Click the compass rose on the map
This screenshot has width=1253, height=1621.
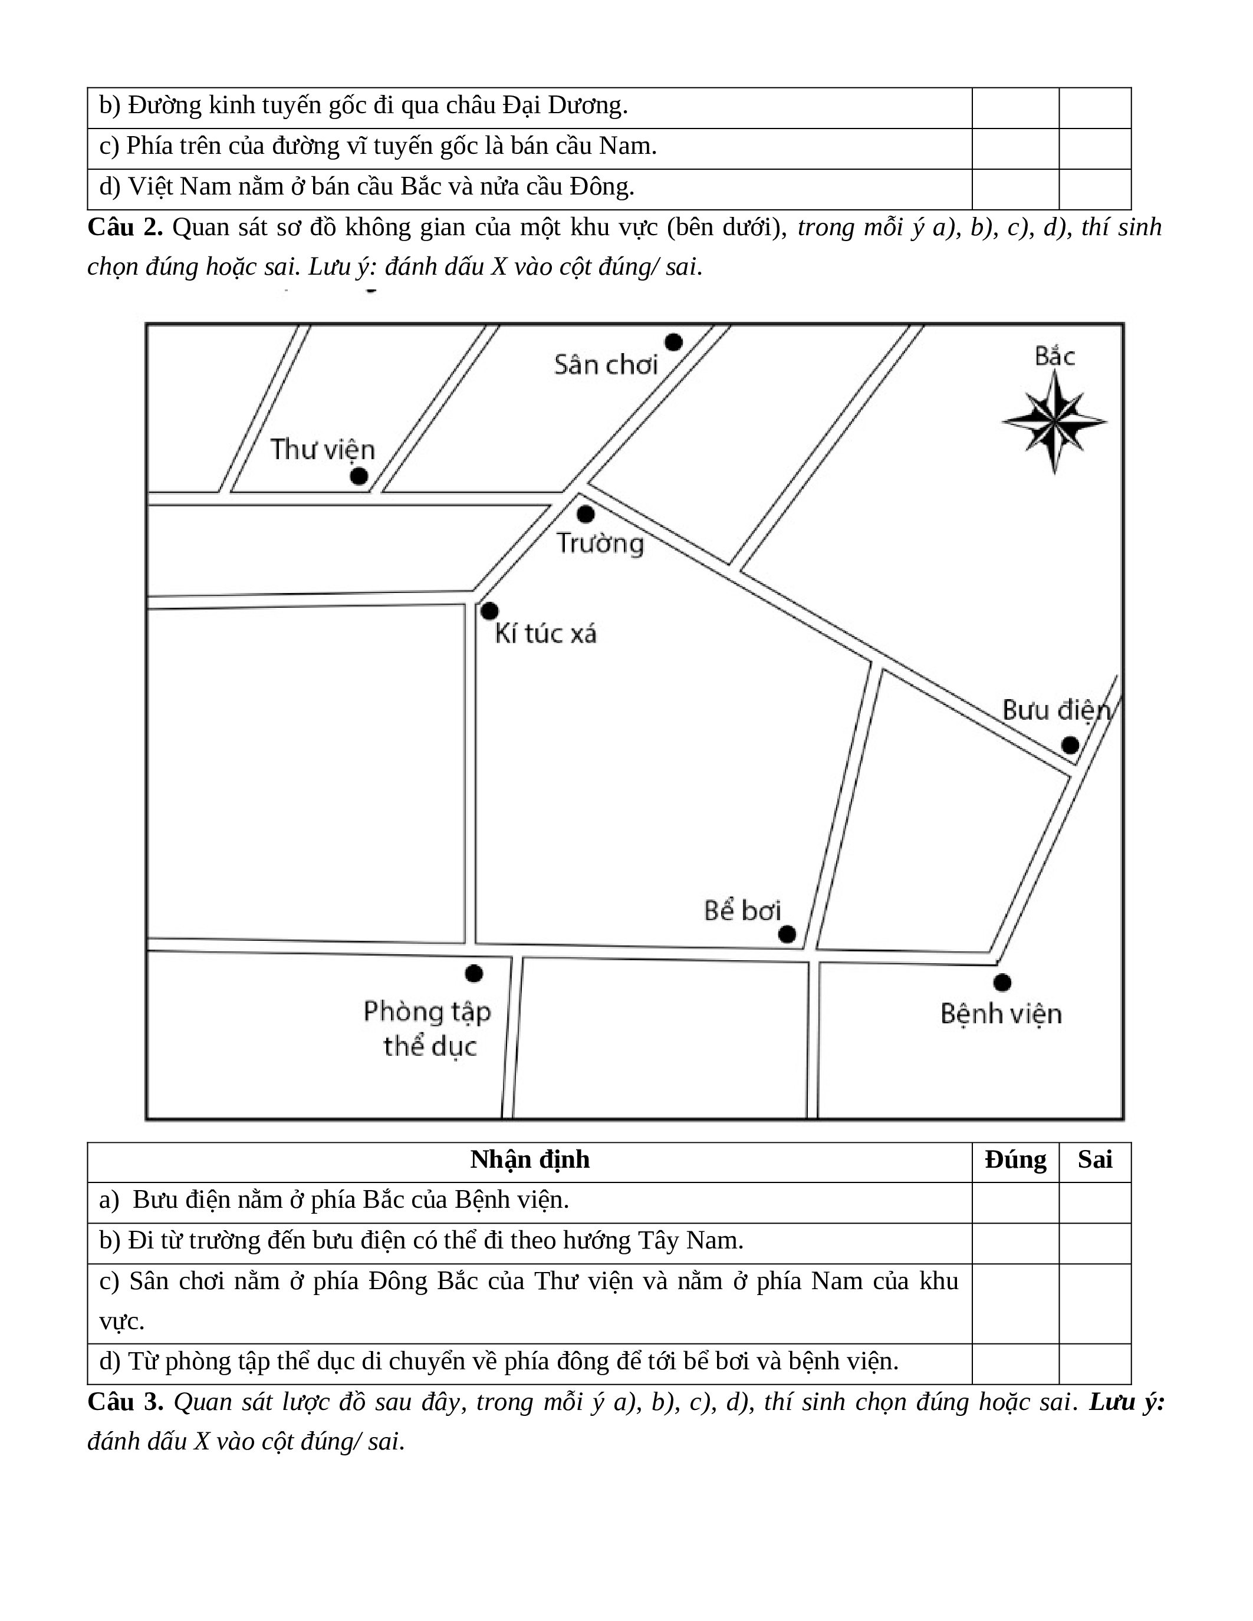pyautogui.click(x=1054, y=421)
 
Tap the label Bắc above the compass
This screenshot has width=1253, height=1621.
pyautogui.click(x=1054, y=356)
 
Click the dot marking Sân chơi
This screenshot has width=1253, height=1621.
pyautogui.click(x=673, y=342)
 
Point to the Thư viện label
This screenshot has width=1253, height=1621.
pyautogui.click(x=322, y=449)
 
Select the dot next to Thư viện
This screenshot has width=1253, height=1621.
pyautogui.click(x=359, y=476)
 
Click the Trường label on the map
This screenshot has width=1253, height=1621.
pyautogui.click(x=600, y=543)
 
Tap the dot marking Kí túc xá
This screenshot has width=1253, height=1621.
pyautogui.click(x=489, y=611)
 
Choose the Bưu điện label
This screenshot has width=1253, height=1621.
pyautogui.click(x=1056, y=710)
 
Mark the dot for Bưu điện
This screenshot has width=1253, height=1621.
pyautogui.click(x=1070, y=744)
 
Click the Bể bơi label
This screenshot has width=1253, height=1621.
pyautogui.click(x=742, y=911)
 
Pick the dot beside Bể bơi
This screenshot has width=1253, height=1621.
pyautogui.click(x=787, y=934)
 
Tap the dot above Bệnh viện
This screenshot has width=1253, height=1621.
pyautogui.click(x=1002, y=982)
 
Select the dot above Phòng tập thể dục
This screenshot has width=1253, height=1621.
pyautogui.click(x=473, y=973)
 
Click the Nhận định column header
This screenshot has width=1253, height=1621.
pyautogui.click(x=530, y=1159)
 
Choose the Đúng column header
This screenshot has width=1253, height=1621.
pyautogui.click(x=1015, y=1159)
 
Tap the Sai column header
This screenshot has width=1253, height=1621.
pyautogui.click(x=1095, y=1159)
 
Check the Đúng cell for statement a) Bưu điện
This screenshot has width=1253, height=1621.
pyautogui.click(x=1015, y=1200)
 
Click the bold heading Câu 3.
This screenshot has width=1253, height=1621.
pyautogui.click(x=124, y=1401)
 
